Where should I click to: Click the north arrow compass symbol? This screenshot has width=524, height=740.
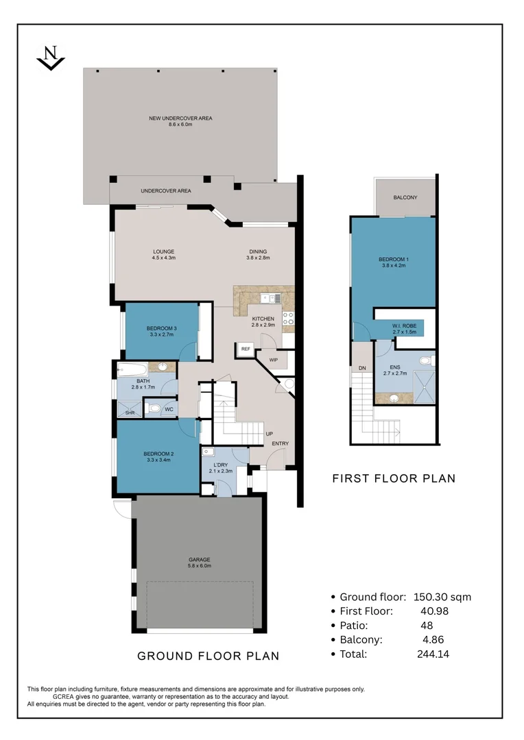(x=50, y=58)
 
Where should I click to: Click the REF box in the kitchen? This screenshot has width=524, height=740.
(x=245, y=349)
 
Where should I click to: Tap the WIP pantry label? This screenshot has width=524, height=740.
(x=273, y=360)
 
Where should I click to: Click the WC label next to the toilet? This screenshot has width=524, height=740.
(x=169, y=409)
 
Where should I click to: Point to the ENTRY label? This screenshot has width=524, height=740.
(x=280, y=444)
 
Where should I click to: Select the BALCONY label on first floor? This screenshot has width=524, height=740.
(x=405, y=197)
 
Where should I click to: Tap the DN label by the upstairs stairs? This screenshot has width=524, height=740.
(x=361, y=369)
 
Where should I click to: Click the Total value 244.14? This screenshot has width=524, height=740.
(x=433, y=654)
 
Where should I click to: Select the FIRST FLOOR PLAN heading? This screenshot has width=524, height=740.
(x=394, y=478)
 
